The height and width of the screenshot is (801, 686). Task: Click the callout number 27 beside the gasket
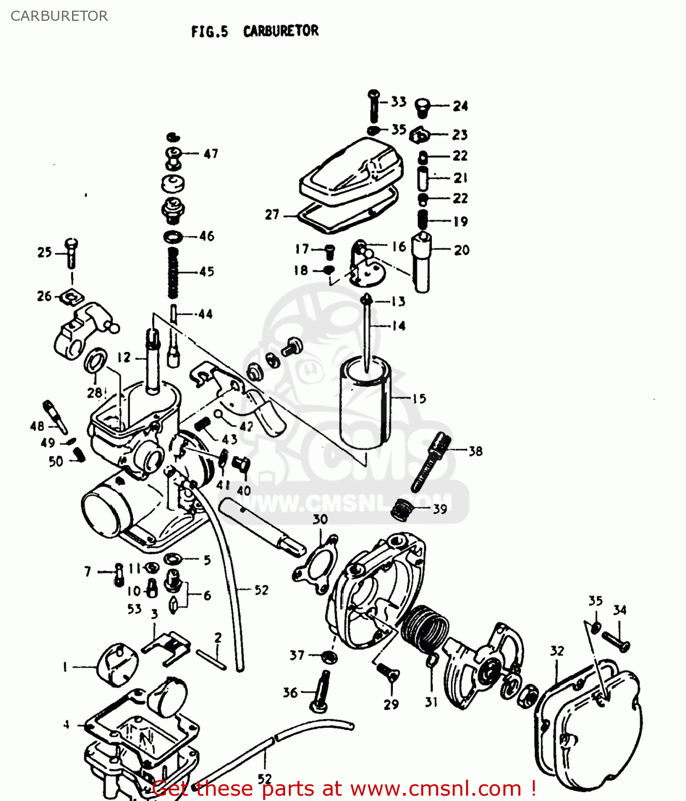272,215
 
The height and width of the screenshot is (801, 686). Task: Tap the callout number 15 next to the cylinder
420,398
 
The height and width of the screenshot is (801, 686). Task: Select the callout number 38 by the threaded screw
475,451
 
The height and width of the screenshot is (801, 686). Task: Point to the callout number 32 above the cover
557,650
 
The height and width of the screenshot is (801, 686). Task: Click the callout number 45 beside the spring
207,272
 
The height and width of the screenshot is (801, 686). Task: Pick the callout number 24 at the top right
460,106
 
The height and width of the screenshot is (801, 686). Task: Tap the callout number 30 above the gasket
320,519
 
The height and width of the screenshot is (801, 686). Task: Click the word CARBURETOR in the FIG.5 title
281,31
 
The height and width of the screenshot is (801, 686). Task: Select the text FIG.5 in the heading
209,32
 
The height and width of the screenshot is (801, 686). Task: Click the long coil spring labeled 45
172,272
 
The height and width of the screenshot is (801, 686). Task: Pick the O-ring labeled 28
96,361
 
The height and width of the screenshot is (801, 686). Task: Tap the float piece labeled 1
117,664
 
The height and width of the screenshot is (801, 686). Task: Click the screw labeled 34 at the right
616,640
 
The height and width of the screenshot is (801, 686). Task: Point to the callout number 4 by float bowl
66,725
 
